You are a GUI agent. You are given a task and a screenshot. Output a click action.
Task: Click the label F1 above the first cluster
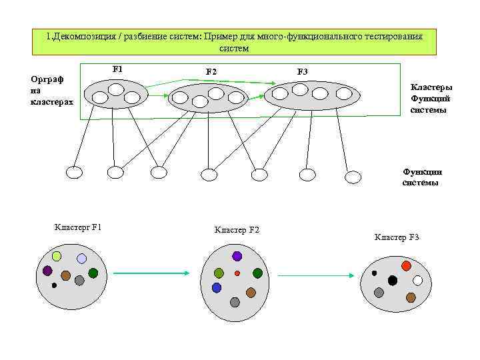click(x=118, y=69)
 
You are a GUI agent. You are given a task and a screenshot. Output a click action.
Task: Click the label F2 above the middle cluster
click(x=211, y=71)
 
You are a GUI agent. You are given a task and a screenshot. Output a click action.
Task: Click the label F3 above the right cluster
click(x=302, y=71)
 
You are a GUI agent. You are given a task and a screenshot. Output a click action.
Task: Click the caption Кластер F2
click(x=237, y=230)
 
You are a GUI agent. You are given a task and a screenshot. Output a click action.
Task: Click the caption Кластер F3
click(x=397, y=237)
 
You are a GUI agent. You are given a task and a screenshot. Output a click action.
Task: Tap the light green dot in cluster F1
click(x=57, y=256)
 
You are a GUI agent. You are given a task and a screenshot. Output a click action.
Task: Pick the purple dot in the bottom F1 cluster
click(x=47, y=271)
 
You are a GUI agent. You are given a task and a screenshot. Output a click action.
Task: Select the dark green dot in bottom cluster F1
click(x=93, y=273)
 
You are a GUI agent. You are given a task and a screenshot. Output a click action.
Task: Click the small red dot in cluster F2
click(x=237, y=273)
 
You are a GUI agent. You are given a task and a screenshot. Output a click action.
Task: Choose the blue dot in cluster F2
click(x=217, y=287)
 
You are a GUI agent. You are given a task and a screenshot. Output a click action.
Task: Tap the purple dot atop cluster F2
click(x=237, y=256)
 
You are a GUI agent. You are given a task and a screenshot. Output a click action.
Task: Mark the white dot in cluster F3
click(x=418, y=281)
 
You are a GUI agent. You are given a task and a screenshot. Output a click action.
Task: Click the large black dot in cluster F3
click(x=393, y=281)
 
